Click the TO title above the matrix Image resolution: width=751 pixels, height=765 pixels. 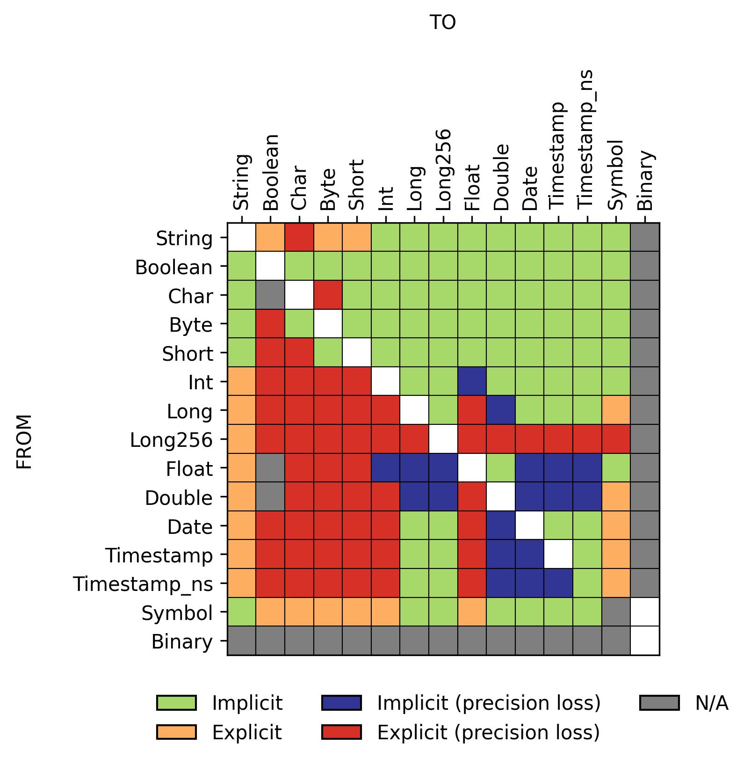coord(442,22)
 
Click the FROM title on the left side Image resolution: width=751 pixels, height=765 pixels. coord(24,441)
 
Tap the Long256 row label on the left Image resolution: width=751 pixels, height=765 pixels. coord(171,440)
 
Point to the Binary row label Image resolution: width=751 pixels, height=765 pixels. coord(182,642)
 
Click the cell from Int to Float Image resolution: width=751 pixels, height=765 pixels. coord(472,381)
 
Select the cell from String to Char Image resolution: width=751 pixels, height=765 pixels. coord(299,237)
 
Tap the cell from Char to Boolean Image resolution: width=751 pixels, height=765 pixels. coord(270,295)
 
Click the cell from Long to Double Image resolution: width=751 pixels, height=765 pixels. coord(501,410)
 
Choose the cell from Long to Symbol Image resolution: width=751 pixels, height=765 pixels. coord(616,410)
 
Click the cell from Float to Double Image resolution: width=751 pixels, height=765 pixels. coord(501,468)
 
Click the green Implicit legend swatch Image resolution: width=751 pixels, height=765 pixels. coord(176,703)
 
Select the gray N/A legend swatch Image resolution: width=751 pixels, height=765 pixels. coord(659,703)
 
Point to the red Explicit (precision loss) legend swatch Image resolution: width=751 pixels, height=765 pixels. coord(341,732)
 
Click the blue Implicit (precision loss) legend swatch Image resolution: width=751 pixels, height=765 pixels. coord(341,703)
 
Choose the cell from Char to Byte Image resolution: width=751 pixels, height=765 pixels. coord(328,295)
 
